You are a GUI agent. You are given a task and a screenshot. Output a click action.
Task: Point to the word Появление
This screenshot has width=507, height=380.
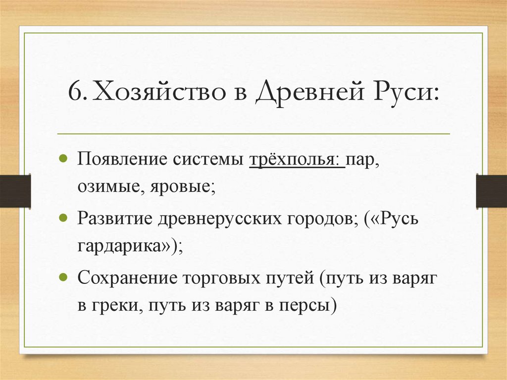[122, 162]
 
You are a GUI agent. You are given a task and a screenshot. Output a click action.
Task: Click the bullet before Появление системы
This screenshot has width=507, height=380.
[63, 160]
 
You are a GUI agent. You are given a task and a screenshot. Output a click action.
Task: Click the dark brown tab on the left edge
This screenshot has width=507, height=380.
[15, 190]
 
